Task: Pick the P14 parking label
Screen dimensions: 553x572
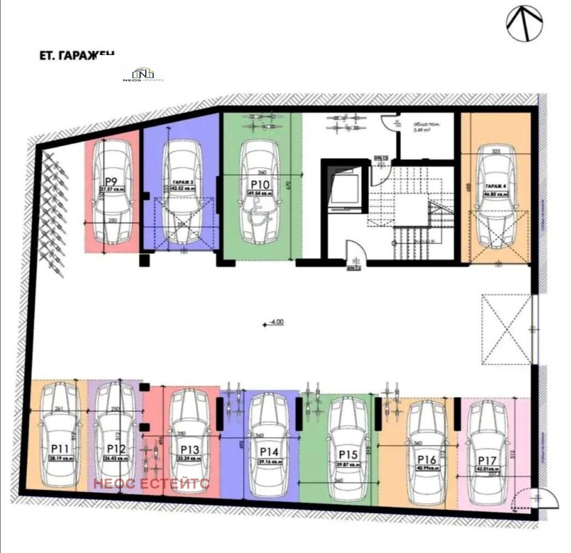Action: (x=269, y=451)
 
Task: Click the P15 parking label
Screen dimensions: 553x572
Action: (x=348, y=454)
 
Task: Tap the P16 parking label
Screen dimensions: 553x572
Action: (x=427, y=459)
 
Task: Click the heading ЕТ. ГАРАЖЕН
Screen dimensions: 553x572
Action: (x=75, y=54)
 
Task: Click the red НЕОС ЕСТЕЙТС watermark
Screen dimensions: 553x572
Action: (x=151, y=484)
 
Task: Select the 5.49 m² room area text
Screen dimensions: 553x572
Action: (x=422, y=131)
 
